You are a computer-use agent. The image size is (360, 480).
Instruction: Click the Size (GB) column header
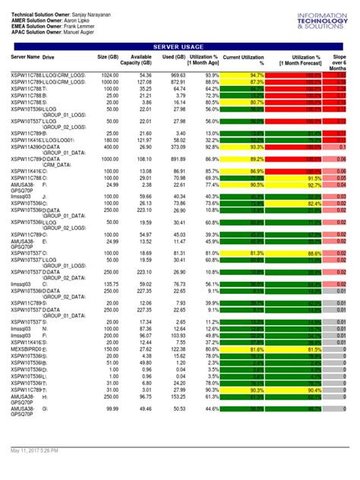tap(108, 58)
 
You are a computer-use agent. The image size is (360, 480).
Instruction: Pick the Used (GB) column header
tap(175, 58)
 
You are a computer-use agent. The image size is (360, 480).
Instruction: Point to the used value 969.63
tap(177, 75)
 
